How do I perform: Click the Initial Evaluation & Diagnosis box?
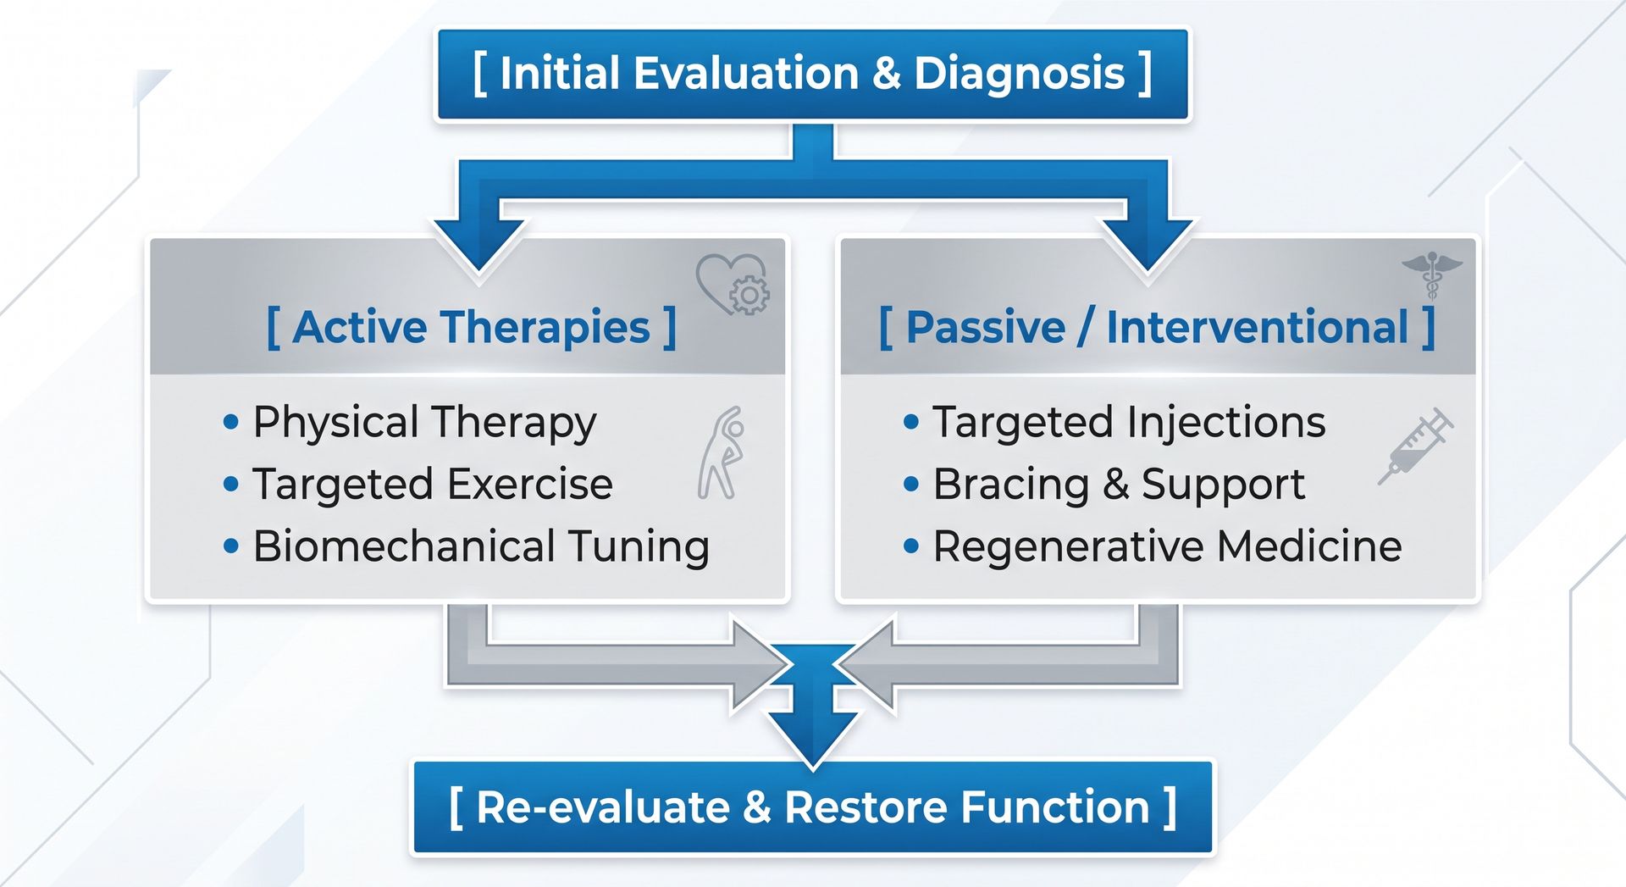tap(812, 74)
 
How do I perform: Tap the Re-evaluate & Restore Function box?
tap(812, 807)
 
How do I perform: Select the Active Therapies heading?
tap(472, 327)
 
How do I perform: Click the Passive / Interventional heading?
tap(1157, 327)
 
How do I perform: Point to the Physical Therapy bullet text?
tap(424, 423)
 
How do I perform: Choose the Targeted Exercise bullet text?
tap(433, 485)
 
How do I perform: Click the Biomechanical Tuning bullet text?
tap(481, 546)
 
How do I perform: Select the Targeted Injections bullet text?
tap(1129, 423)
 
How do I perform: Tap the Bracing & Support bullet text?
tap(1119, 485)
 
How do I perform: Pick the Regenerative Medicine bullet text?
tap(1167, 546)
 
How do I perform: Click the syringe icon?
tap(1415, 446)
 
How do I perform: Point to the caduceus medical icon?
tap(1432, 276)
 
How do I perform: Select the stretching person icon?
tap(722, 452)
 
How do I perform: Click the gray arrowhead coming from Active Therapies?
tap(760, 665)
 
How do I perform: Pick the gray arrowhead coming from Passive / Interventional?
tap(866, 665)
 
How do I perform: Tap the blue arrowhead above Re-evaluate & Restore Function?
tap(813, 739)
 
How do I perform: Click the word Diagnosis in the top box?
tap(1020, 74)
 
